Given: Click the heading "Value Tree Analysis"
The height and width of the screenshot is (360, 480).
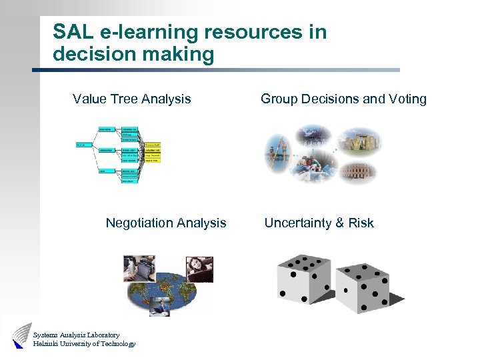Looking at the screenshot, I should [131, 99].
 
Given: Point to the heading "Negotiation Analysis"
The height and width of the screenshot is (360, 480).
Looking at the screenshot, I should [165, 223].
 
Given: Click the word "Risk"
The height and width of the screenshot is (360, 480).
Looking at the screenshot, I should [361, 223].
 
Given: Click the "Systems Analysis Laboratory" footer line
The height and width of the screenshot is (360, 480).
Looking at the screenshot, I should [76, 335].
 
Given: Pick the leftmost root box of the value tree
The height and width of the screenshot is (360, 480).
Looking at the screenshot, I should [83, 144].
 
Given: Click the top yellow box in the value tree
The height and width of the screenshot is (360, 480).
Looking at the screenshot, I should [152, 144].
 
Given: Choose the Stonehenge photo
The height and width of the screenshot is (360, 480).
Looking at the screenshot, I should [361, 141].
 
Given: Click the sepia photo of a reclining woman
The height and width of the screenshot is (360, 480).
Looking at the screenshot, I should [200, 269].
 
